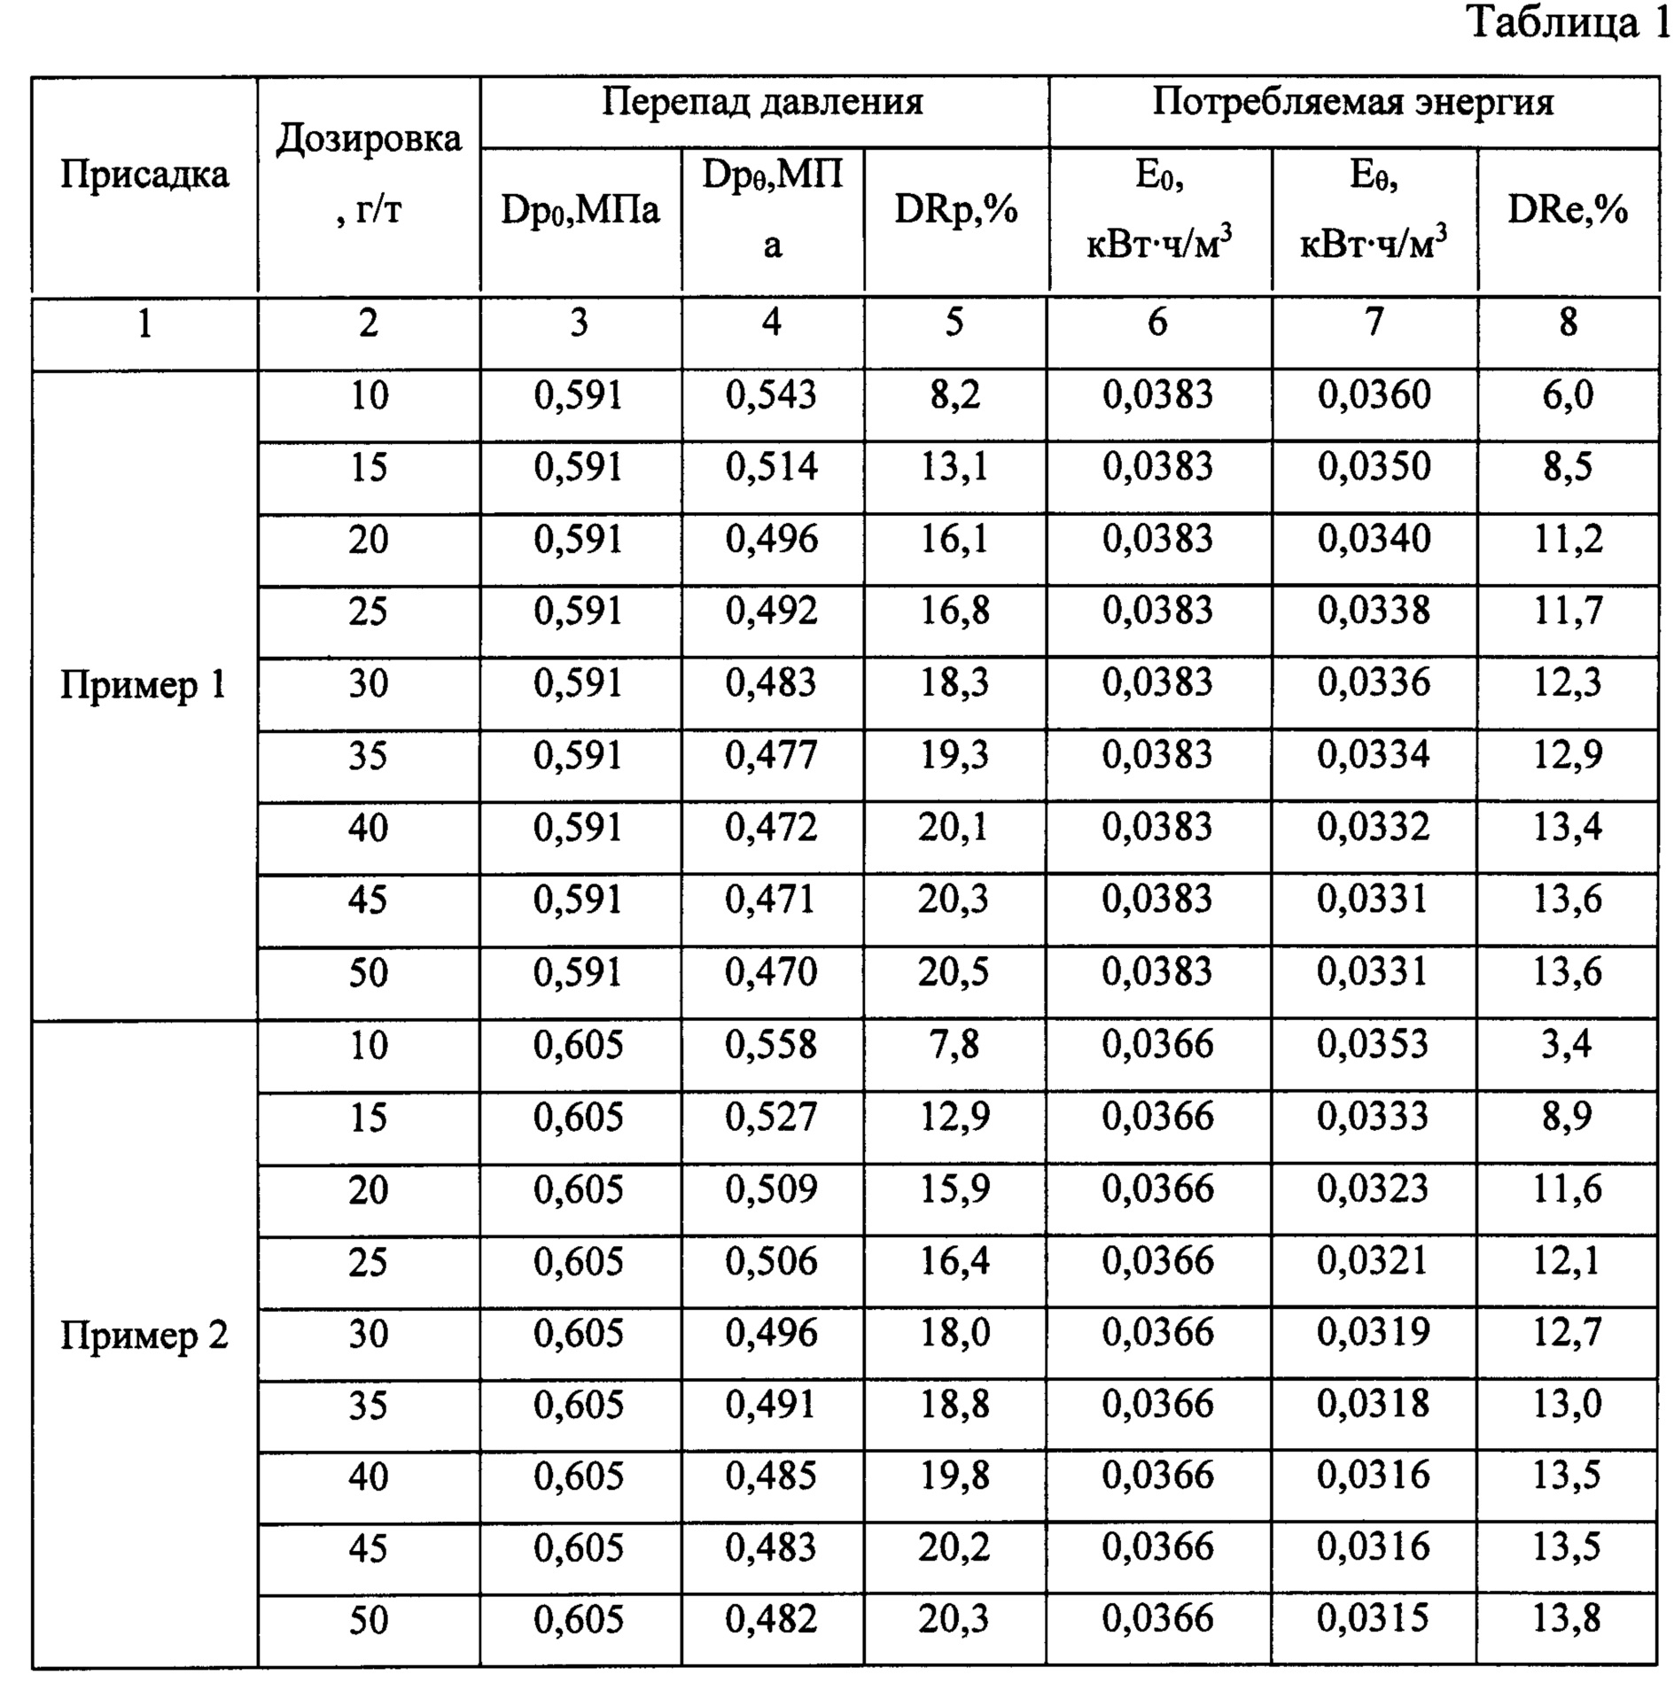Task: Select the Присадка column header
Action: (144, 174)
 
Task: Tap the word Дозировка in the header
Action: (369, 138)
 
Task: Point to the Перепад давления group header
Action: (762, 102)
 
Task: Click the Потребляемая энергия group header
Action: (1352, 102)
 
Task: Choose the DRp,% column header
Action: (955, 210)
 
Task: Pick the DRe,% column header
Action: (1568, 210)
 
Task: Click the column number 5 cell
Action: (954, 323)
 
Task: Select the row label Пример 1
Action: (144, 685)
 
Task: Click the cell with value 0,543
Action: (771, 394)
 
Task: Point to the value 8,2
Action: (954, 394)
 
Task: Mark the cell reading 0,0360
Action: (1374, 394)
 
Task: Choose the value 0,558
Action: (771, 1045)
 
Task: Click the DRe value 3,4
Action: (1567, 1045)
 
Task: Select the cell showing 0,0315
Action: (1373, 1619)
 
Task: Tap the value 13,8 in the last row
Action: (1567, 1619)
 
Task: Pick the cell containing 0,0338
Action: (1374, 611)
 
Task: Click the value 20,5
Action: (954, 972)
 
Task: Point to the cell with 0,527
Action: (771, 1117)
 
